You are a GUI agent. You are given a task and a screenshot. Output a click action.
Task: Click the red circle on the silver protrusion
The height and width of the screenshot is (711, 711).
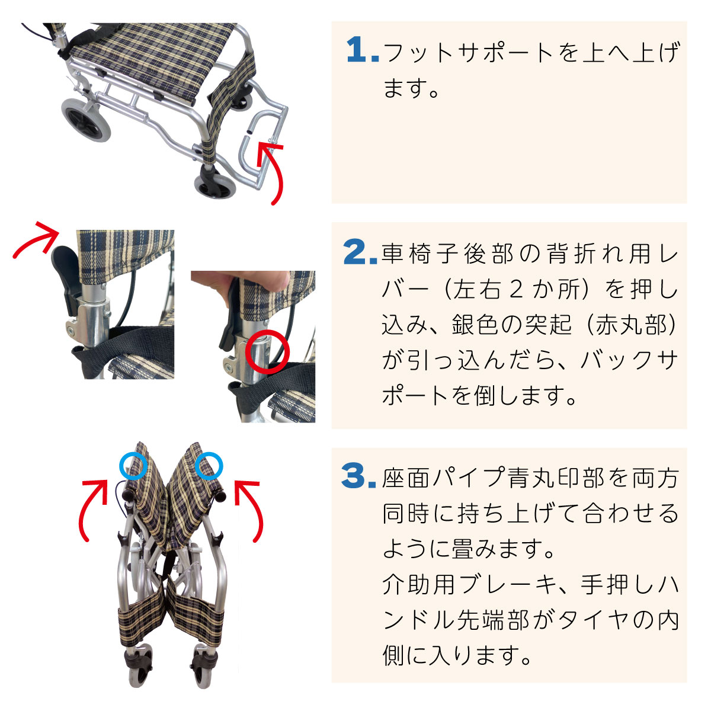(267, 353)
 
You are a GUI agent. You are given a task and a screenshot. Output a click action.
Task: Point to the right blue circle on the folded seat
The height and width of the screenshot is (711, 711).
(209, 466)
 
